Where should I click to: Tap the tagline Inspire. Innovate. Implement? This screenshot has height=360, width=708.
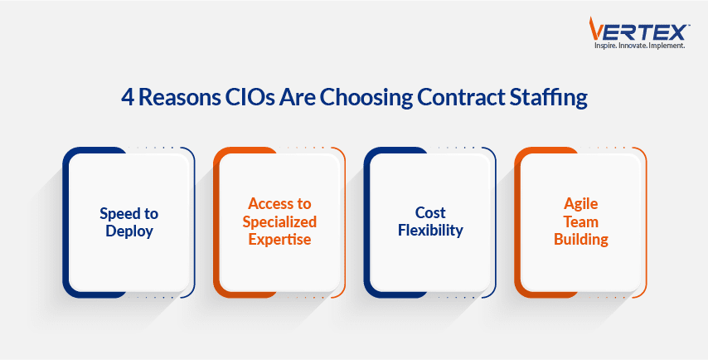point(639,46)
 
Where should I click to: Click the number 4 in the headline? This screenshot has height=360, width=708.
point(129,99)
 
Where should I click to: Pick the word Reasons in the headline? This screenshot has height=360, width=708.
point(179,99)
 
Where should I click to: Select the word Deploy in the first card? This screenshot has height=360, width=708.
point(129,231)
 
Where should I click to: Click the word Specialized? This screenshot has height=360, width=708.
point(279,222)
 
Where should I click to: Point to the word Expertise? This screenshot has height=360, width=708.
point(279,240)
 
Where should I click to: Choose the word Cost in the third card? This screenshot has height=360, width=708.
point(430,212)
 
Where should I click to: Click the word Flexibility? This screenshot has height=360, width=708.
point(430,231)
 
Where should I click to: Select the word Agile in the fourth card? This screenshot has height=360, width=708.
point(580,204)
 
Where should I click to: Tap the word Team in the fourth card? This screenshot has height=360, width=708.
point(580,221)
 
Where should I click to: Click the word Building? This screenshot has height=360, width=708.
point(580,240)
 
